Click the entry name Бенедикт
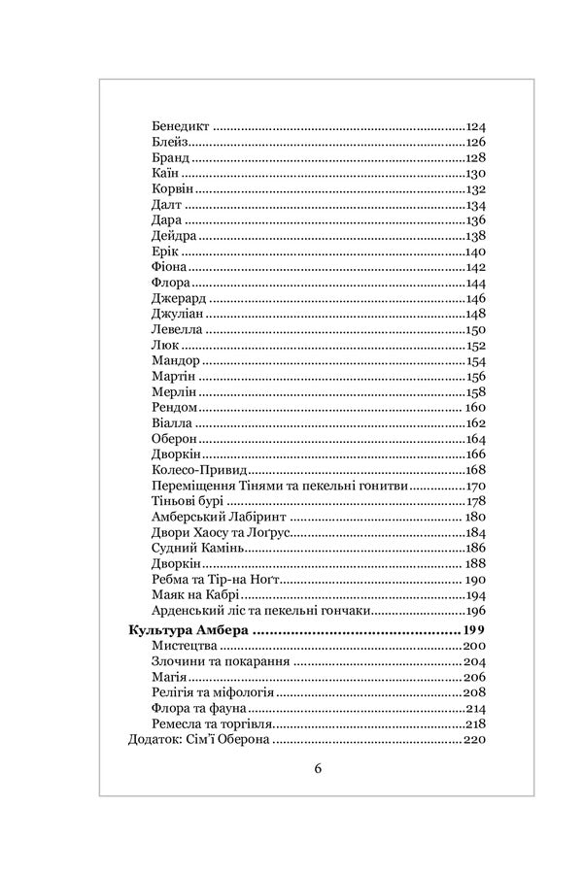(181, 127)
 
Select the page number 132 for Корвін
(475, 189)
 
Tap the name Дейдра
(175, 236)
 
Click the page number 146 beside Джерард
(475, 298)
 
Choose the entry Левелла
(178, 330)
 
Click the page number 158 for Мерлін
(475, 392)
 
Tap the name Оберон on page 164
(176, 439)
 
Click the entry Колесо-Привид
(198, 470)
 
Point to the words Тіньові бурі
(189, 501)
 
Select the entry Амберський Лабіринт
(221, 517)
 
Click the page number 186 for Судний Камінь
(475, 548)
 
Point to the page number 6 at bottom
(318, 768)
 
